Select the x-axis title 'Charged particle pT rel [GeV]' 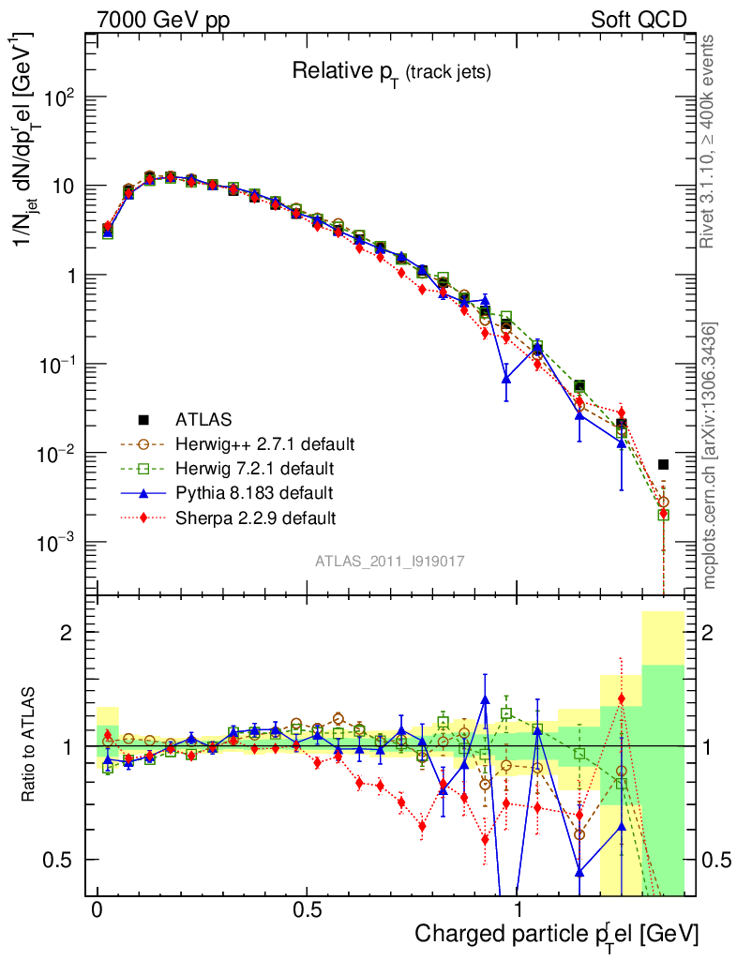coord(556,933)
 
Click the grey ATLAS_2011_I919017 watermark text coord(389,561)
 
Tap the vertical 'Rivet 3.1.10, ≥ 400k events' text coord(709,141)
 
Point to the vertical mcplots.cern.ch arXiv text coord(710,455)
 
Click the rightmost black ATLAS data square coord(663,464)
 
